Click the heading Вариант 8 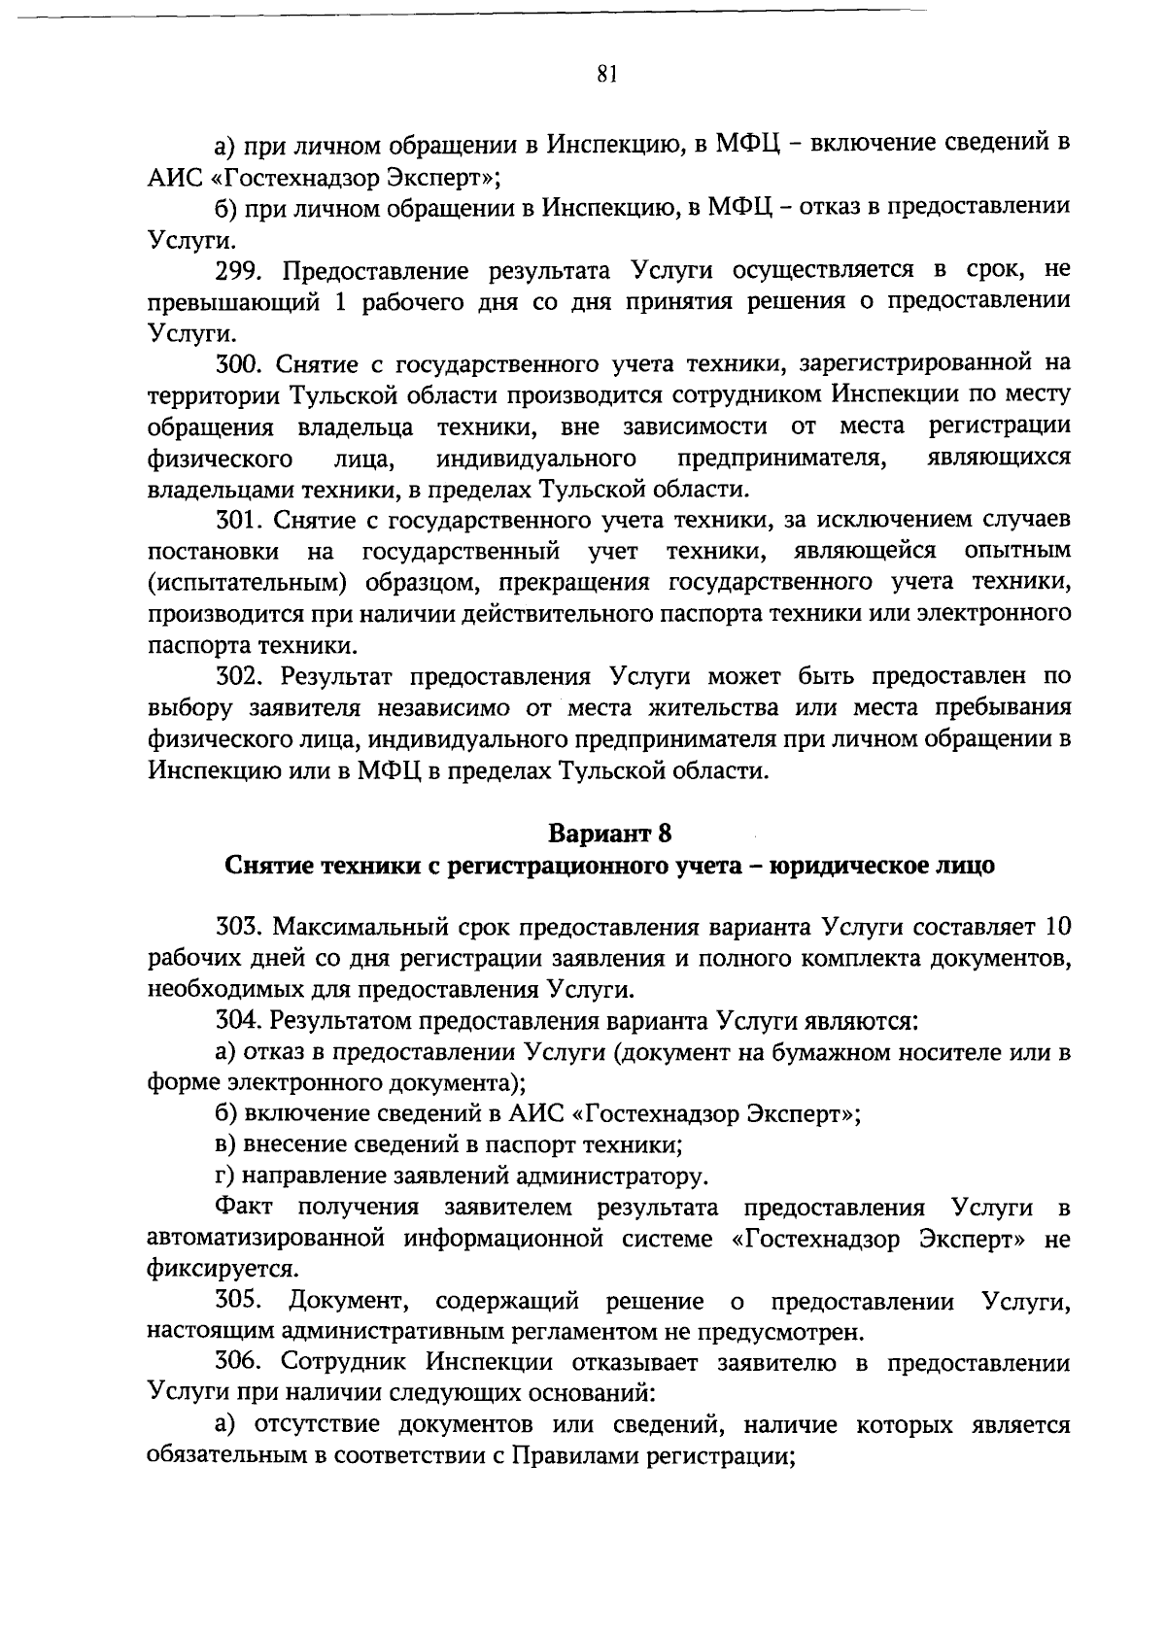(x=609, y=834)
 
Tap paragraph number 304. (x=239, y=1020)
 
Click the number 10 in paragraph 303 (x=1056, y=927)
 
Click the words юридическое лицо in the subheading (x=881, y=865)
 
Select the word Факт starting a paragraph (x=245, y=1208)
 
